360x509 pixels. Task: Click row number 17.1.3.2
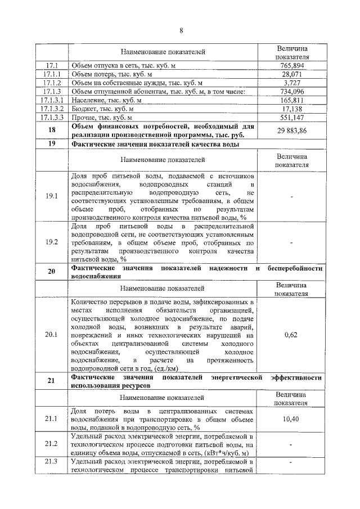[52, 109]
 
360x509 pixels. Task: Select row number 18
[52, 130]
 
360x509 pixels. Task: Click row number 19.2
[52, 242]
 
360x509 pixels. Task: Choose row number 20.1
[52, 334]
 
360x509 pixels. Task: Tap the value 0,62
[292, 334]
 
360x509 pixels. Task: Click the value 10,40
[292, 420]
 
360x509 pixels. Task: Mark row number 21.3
[52, 462]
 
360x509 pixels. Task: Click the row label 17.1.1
[52, 74]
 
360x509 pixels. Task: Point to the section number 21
[52, 381]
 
